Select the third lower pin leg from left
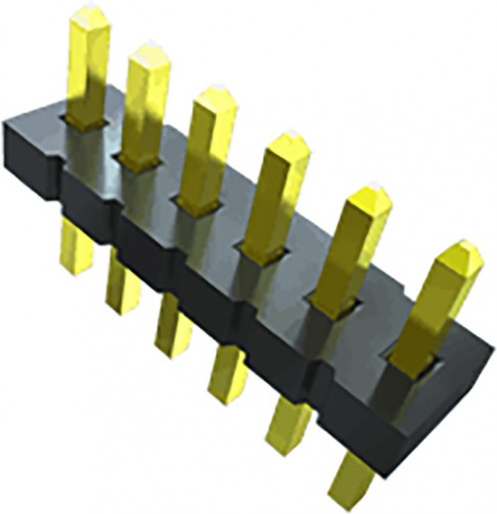coord(172,325)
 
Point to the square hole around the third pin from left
coord(198,203)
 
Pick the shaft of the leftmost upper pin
coord(86,69)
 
